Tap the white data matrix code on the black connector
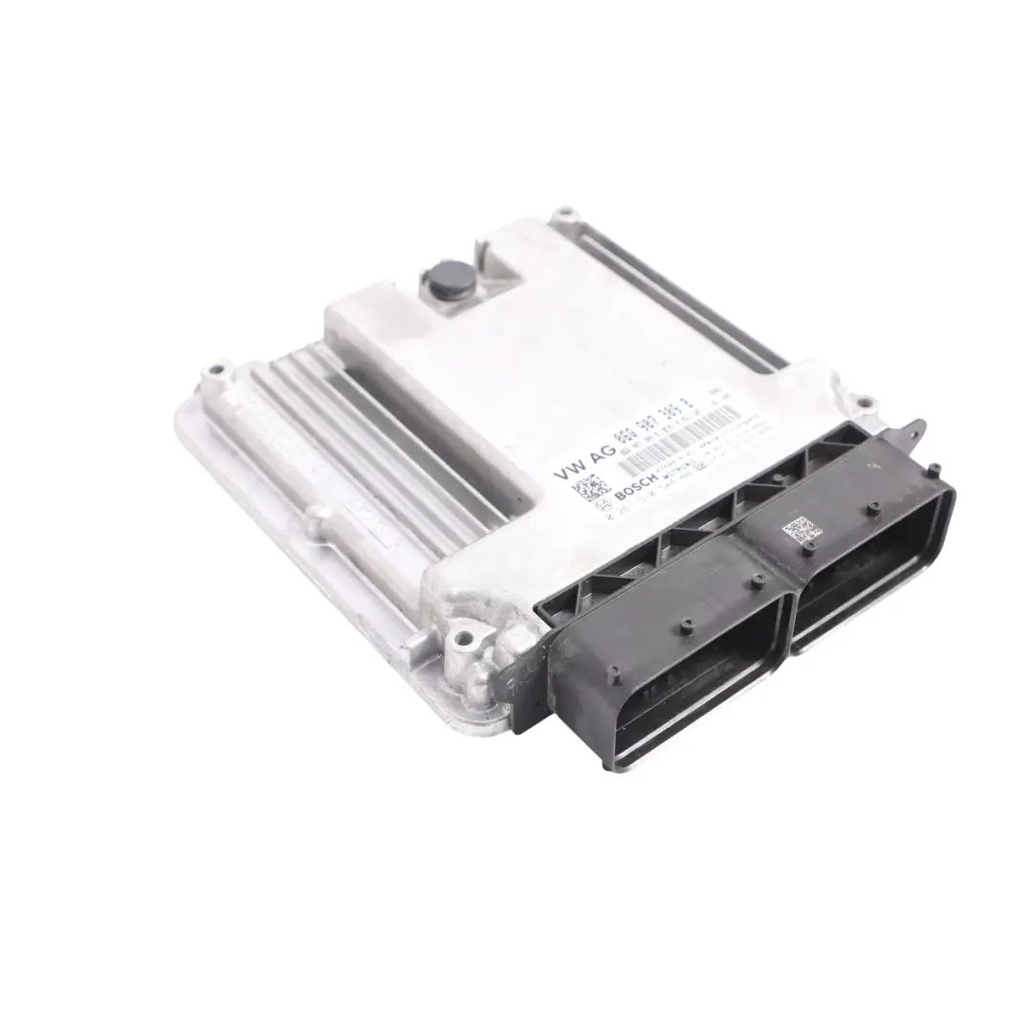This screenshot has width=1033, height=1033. [x=802, y=529]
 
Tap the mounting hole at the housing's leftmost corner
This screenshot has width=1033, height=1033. [x=218, y=367]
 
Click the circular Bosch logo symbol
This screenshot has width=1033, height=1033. [x=604, y=506]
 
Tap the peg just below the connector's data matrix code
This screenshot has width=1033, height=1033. [x=806, y=549]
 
